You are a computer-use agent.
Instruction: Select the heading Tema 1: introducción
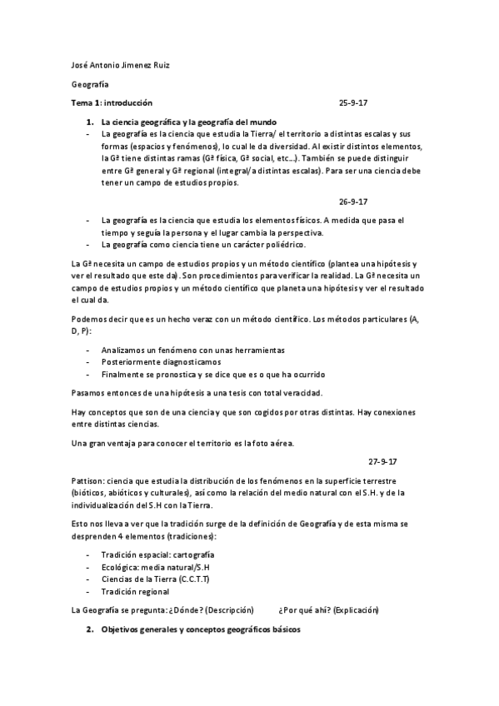[x=112, y=102]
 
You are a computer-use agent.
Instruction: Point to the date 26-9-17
[x=353, y=201]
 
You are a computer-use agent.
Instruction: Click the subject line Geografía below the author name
[x=90, y=84]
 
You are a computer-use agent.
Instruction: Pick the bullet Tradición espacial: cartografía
[x=157, y=554]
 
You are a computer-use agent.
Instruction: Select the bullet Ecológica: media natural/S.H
[x=155, y=567]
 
